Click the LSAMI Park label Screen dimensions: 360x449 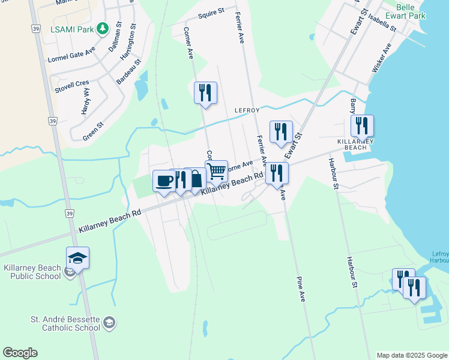click(73, 28)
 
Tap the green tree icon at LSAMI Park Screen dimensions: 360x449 click(103, 28)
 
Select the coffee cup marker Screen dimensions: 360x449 click(164, 180)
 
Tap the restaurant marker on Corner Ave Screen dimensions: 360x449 click(205, 92)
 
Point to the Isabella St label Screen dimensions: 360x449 click(382, 23)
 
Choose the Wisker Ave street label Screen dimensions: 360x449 click(382, 58)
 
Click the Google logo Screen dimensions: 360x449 click(20, 353)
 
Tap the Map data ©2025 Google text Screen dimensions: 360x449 click(411, 355)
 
